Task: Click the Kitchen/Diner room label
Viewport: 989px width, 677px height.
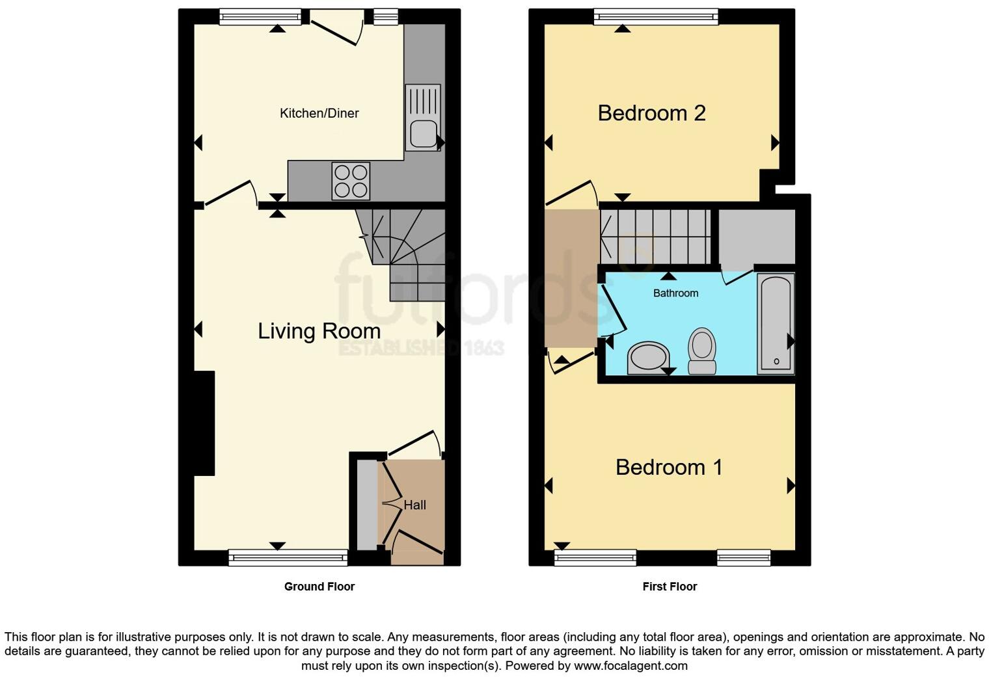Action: [319, 113]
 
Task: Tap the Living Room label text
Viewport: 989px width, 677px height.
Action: [319, 331]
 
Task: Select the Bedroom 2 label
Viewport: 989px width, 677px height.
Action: [651, 113]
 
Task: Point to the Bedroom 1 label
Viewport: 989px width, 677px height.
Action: [669, 467]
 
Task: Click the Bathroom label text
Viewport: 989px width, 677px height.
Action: [675, 293]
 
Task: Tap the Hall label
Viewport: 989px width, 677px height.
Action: [414, 505]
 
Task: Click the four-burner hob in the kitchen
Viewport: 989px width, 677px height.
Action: [351, 181]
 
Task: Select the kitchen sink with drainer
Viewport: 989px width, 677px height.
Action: [423, 118]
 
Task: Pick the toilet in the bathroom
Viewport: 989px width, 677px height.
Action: [702, 351]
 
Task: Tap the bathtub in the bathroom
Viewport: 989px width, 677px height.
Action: [776, 323]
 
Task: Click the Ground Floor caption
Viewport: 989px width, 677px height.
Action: [319, 587]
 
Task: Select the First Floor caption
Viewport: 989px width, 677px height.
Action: [670, 587]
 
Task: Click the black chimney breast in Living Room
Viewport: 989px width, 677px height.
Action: [204, 423]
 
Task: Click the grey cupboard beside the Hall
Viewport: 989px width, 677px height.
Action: [367, 504]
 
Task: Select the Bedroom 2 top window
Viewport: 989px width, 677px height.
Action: [656, 17]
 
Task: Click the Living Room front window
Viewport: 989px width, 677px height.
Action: [288, 557]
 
